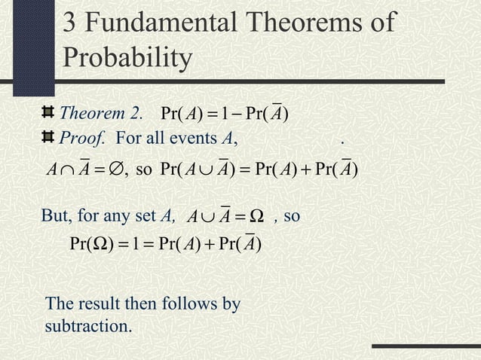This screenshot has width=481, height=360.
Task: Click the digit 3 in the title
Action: tap(69, 22)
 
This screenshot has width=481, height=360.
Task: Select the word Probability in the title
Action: tap(126, 58)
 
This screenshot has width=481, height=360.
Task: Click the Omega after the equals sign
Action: tap(256, 217)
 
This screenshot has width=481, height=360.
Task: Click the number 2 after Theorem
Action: tap(136, 114)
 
